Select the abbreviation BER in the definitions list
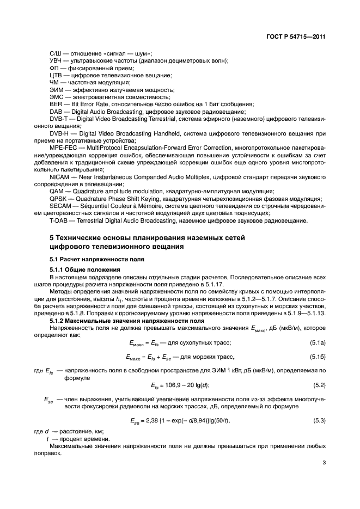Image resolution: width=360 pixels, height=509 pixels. click(54, 103)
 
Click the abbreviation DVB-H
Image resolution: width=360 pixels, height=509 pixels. click(59, 133)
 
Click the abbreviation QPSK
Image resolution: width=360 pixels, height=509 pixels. click(57, 199)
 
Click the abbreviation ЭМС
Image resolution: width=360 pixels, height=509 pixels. click(56, 96)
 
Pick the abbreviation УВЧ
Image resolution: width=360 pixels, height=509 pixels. click(56, 60)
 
